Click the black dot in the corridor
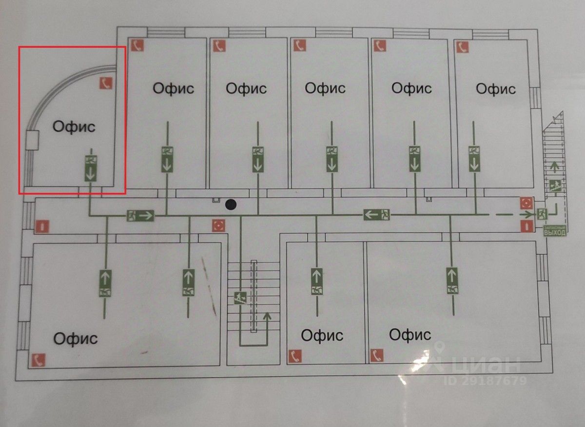231,205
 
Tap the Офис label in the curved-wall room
74,126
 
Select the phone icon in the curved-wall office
106,83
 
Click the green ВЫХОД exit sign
555,231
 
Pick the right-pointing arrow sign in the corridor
140,215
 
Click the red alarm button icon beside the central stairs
218,225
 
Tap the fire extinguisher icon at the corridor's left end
41,226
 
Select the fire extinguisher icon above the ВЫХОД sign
526,226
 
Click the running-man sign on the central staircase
239,297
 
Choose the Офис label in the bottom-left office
76,338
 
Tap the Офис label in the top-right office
496,89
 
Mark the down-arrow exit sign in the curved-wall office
91,168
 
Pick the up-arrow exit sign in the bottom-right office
453,280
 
